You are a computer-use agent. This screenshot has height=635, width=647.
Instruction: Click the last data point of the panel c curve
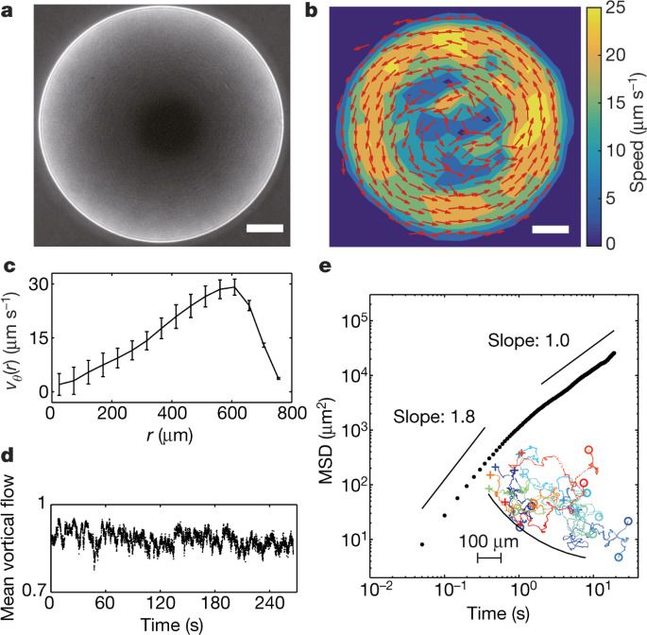point(280,378)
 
